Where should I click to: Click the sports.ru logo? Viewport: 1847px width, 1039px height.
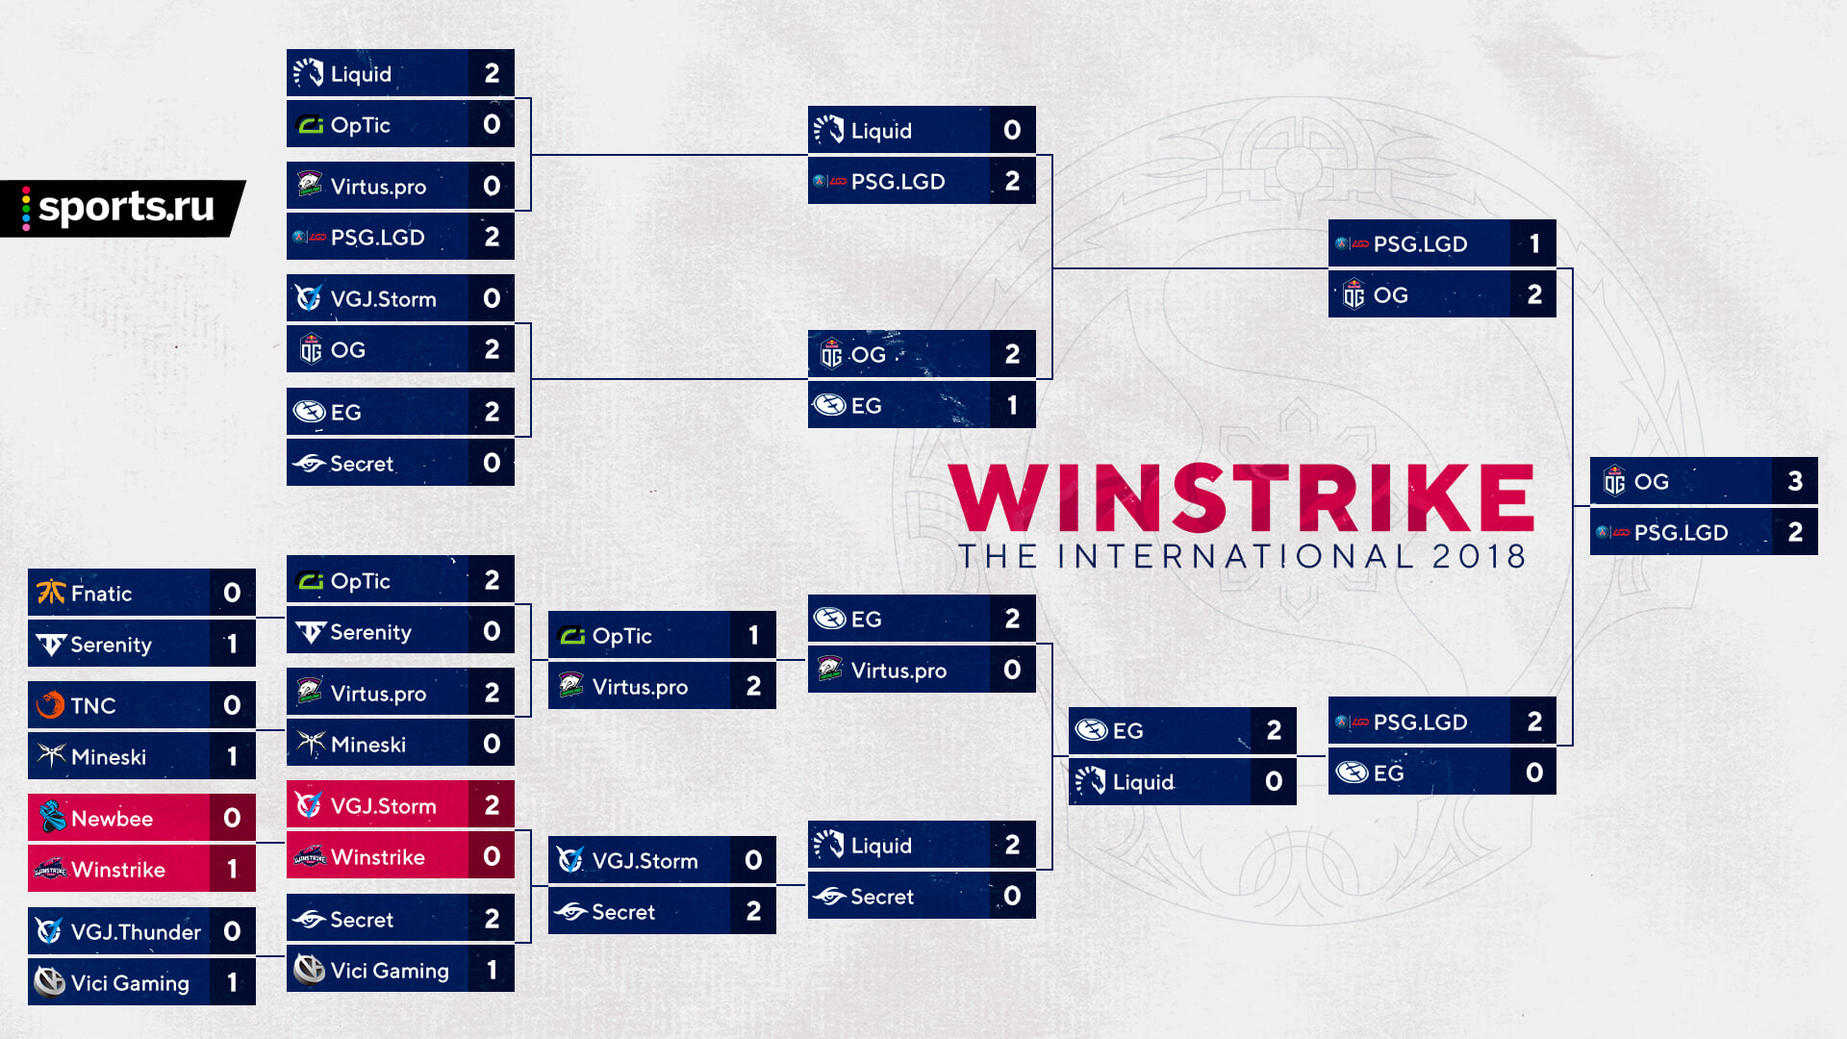(x=122, y=208)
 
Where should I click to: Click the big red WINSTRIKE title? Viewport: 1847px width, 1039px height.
(x=1241, y=498)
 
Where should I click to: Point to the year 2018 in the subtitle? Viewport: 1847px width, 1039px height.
(x=1479, y=556)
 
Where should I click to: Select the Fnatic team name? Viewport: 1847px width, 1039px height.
(x=101, y=594)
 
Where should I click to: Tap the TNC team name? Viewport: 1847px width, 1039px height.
(x=93, y=706)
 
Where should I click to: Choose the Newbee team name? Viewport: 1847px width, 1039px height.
(x=112, y=819)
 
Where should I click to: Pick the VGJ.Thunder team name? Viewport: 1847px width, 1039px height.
(x=136, y=932)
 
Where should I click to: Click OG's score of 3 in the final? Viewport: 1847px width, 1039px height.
(x=1795, y=481)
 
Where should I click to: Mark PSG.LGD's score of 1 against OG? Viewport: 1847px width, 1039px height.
(x=1534, y=243)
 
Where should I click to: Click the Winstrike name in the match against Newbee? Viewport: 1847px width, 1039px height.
(x=118, y=870)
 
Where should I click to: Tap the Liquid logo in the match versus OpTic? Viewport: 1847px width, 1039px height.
(x=308, y=72)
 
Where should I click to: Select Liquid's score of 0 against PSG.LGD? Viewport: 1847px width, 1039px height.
(x=1012, y=130)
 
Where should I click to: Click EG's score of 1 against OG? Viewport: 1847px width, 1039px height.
(x=1012, y=405)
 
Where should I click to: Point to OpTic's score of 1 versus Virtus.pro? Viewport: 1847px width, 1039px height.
(x=753, y=635)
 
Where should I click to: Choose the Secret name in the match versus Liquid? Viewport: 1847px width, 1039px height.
(x=882, y=897)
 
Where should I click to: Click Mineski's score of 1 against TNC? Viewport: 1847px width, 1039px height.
(x=232, y=756)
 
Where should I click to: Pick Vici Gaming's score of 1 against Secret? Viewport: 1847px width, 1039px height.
(x=492, y=970)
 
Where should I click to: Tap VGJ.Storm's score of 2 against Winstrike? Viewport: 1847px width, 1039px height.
(x=492, y=805)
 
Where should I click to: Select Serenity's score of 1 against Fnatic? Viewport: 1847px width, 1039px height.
(x=232, y=644)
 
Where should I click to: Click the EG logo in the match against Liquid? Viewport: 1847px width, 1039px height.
(x=1091, y=730)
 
